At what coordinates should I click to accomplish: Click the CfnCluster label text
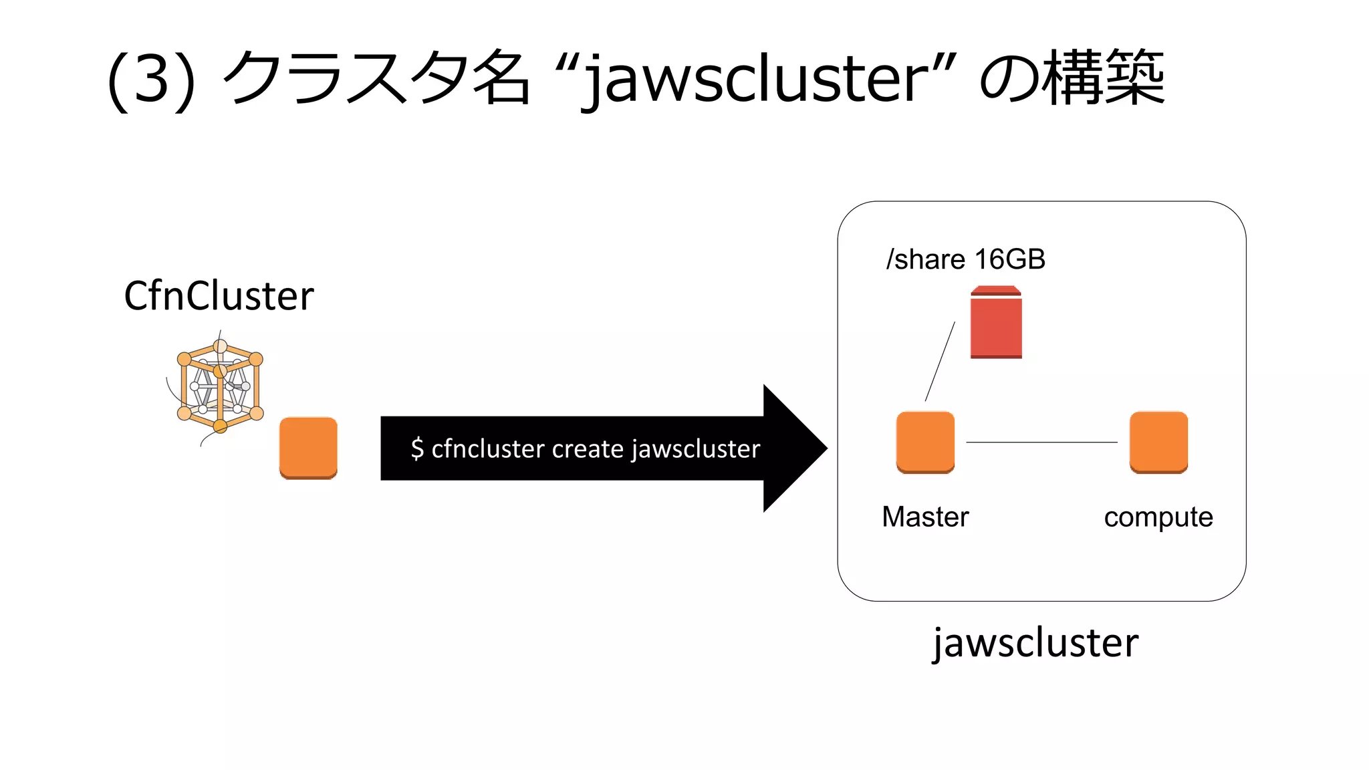pyautogui.click(x=219, y=295)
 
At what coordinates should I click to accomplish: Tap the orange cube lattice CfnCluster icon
pyautogui.click(x=220, y=386)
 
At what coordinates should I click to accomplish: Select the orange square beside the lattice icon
pyautogui.click(x=308, y=447)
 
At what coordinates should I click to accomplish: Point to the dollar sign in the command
pyautogui.click(x=417, y=448)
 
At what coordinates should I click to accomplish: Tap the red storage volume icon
pyautogui.click(x=996, y=323)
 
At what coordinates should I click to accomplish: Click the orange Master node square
pyautogui.click(x=925, y=442)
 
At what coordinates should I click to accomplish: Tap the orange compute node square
pyautogui.click(x=1158, y=442)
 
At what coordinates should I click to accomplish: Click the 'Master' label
pyautogui.click(x=925, y=517)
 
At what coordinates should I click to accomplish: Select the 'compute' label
pyautogui.click(x=1158, y=517)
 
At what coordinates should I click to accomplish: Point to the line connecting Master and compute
pyautogui.click(x=1041, y=442)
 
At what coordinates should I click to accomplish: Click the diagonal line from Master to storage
pyautogui.click(x=940, y=362)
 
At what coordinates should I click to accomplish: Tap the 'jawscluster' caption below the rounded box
pyautogui.click(x=1035, y=643)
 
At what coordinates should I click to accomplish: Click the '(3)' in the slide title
pyautogui.click(x=152, y=80)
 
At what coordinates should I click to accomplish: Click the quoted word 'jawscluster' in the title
pyautogui.click(x=755, y=80)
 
